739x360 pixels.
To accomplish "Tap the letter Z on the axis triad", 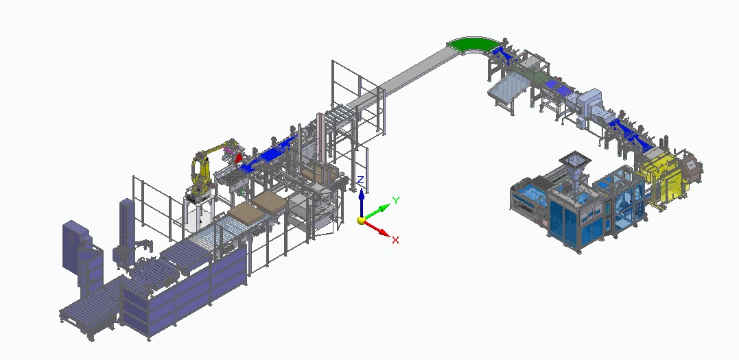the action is point(360,180).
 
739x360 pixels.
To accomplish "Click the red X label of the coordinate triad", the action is point(395,240).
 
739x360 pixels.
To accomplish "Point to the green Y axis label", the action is point(396,200).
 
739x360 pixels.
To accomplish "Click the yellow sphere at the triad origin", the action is point(361,220).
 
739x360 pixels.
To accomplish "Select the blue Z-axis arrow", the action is point(361,202).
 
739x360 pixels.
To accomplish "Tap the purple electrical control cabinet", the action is point(76,245).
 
